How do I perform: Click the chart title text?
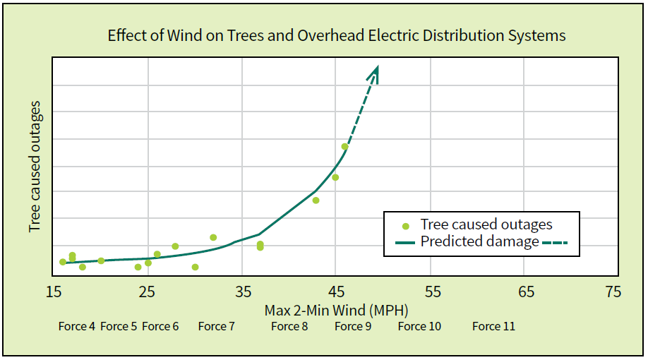(x=336, y=35)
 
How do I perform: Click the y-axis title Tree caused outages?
(x=35, y=167)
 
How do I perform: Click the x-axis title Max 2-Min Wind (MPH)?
(x=336, y=310)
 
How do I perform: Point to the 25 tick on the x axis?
(x=147, y=292)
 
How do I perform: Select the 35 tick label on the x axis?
(x=242, y=292)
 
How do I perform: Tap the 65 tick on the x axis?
(x=526, y=292)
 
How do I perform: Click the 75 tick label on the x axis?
(x=613, y=292)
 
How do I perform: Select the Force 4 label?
(x=77, y=326)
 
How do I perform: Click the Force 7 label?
(x=216, y=326)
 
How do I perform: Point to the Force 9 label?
(x=352, y=326)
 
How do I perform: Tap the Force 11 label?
(x=493, y=326)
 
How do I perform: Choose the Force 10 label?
(x=419, y=326)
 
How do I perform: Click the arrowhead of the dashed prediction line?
(x=377, y=71)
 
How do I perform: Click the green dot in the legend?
(x=406, y=226)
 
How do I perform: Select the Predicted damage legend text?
(x=479, y=241)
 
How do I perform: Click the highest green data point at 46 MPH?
(x=344, y=147)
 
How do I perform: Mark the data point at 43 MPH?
(x=316, y=200)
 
